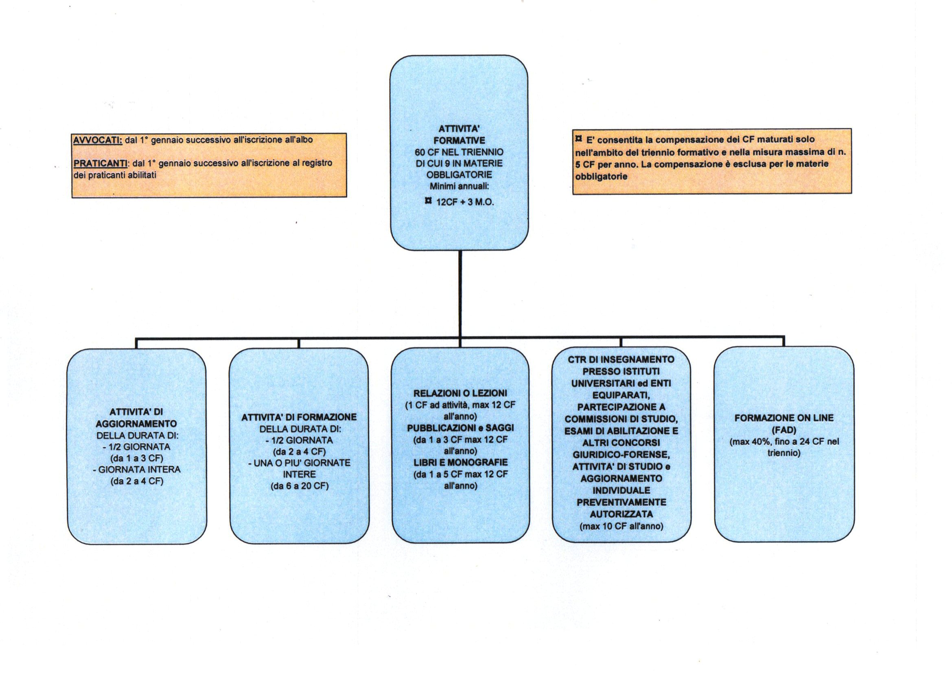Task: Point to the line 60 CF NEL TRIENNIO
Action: (x=459, y=152)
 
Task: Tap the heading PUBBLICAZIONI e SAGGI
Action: (x=460, y=428)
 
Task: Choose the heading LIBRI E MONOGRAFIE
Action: (x=460, y=463)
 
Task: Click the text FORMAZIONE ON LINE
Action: (x=783, y=418)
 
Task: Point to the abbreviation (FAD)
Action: (x=783, y=430)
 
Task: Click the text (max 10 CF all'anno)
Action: (x=621, y=526)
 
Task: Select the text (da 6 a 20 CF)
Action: (x=299, y=486)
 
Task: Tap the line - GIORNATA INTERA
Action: (x=136, y=470)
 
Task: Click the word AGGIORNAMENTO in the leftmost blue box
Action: (x=136, y=424)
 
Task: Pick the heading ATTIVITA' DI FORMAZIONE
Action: (x=299, y=417)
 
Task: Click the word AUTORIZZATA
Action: (x=621, y=514)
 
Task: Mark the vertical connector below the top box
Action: (x=460, y=294)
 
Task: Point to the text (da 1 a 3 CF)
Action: (x=136, y=458)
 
